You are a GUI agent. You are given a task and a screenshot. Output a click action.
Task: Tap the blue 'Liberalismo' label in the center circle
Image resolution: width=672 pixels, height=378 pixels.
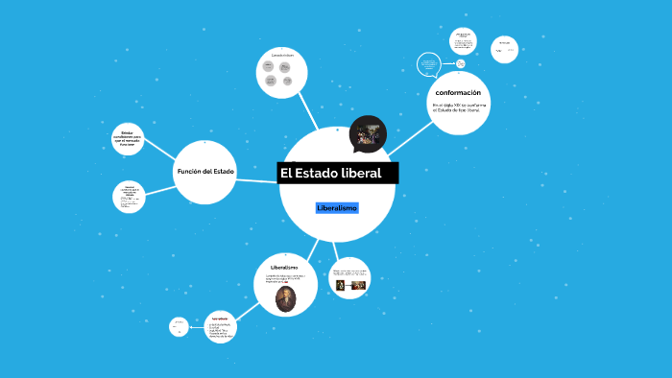(337, 208)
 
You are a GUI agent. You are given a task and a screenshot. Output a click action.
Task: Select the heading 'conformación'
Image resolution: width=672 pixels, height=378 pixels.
(457, 92)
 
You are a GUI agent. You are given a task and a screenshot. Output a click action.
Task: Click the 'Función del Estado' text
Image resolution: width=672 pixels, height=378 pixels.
(204, 171)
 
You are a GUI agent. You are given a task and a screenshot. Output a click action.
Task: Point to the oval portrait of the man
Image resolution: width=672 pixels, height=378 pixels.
(284, 299)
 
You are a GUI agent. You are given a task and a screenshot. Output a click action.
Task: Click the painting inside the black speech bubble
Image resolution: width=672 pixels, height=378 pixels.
(367, 134)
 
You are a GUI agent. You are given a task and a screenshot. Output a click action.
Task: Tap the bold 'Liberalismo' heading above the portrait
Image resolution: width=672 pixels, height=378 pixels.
(284, 267)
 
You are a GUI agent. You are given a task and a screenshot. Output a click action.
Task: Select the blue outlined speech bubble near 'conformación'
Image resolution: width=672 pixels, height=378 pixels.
(428, 64)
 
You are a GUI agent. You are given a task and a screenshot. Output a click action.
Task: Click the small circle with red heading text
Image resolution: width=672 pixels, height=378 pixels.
(219, 328)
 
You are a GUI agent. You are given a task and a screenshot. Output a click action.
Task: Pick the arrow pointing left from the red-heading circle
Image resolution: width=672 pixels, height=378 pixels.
(192, 326)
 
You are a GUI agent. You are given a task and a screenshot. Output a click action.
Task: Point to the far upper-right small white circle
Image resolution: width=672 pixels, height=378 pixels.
(504, 45)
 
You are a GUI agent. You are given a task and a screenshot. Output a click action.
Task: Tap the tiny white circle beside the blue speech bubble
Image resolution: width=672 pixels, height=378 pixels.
(461, 64)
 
